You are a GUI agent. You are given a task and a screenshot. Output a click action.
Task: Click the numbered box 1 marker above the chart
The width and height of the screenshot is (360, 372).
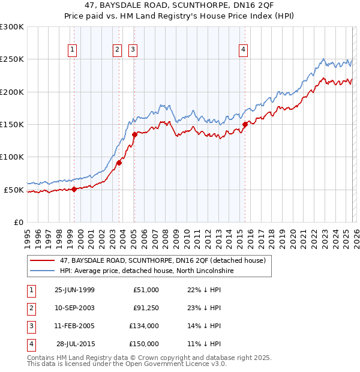pos(72,50)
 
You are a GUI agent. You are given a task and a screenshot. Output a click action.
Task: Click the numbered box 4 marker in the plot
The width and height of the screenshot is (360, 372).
pos(244,50)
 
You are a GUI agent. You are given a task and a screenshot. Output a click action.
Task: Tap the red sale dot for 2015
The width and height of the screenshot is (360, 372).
pos(245,124)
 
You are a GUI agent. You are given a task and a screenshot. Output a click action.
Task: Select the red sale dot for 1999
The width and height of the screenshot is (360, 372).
pos(74,189)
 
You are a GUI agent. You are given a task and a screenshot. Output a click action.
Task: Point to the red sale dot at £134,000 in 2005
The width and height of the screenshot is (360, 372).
pos(134,135)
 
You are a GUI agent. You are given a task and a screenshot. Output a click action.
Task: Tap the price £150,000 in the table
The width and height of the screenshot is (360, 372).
pos(144,344)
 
